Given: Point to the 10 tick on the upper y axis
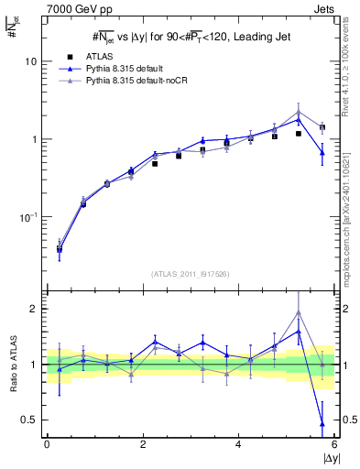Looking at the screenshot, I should coord(28,61).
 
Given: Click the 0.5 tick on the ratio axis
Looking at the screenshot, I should coord(27,420).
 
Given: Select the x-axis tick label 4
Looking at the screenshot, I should coord(238,445).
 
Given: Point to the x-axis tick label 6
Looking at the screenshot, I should coord(333,445).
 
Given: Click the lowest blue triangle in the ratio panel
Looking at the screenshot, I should coord(322,423).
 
